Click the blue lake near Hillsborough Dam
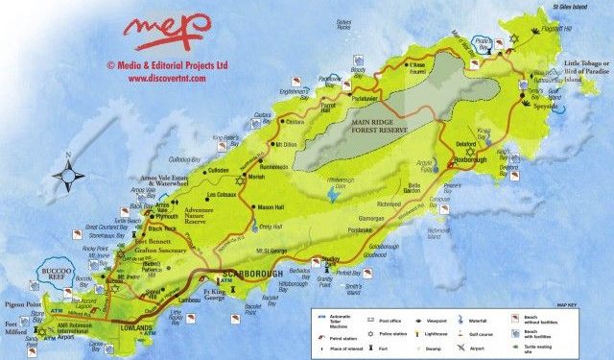pyautogui.click(x=333, y=194)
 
